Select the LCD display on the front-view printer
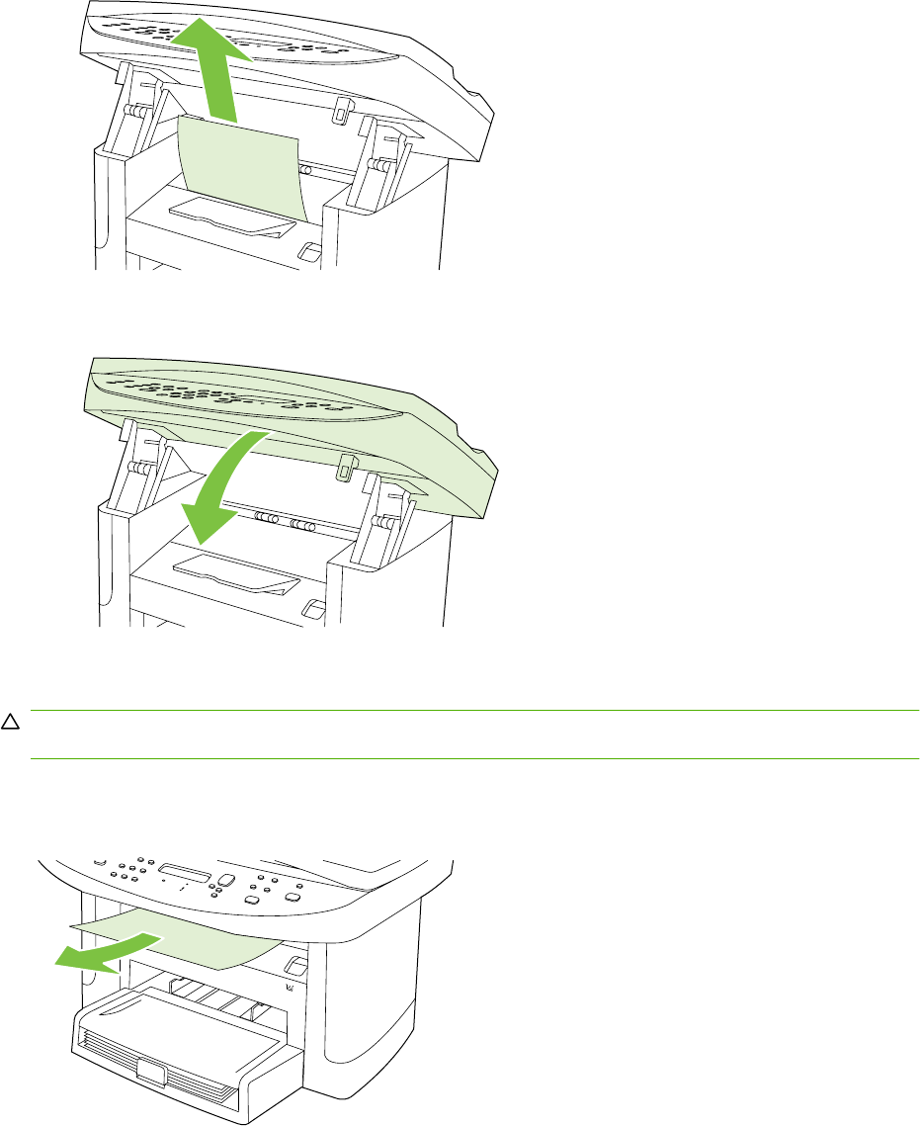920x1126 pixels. [185, 873]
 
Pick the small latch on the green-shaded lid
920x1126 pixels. [345, 467]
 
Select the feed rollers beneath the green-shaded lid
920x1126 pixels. [282, 518]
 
